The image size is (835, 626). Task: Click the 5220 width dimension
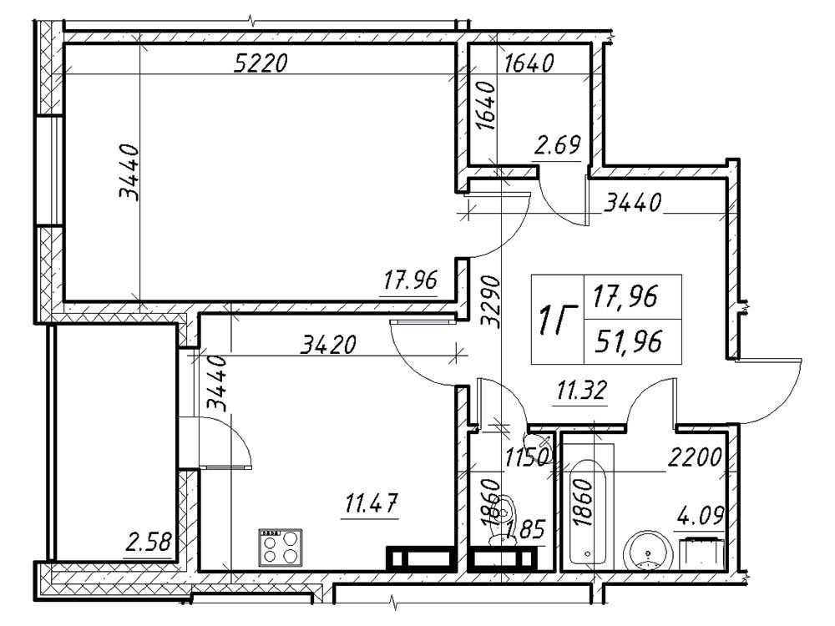point(261,63)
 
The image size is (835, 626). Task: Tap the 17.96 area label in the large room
point(411,280)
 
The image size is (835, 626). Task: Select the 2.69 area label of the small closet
point(557,144)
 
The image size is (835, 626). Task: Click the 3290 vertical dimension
point(490,301)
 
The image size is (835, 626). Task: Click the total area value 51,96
point(629,341)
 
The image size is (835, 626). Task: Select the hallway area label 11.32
point(581,391)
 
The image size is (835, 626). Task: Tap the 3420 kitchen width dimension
point(328,345)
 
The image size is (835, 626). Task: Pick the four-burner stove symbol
point(280,548)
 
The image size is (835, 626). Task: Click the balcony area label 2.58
point(149,543)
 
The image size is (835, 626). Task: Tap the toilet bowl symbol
point(503,519)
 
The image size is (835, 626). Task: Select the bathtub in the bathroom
point(589,512)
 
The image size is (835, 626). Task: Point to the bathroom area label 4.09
point(701,515)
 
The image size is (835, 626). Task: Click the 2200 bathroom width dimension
point(695,457)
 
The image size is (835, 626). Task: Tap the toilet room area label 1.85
point(526,530)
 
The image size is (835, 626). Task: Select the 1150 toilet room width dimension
point(527,457)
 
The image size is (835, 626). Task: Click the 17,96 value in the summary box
point(625,296)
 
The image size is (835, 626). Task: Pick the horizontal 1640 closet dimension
point(529,63)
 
